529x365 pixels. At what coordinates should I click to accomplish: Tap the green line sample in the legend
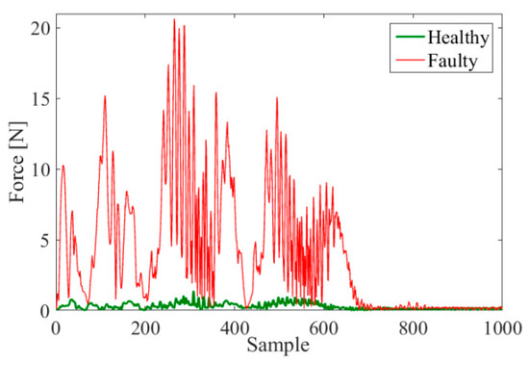click(411, 39)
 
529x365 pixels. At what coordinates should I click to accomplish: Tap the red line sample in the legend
click(411, 63)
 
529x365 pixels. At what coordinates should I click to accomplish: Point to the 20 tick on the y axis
click(38, 28)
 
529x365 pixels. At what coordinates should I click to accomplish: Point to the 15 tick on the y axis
click(38, 98)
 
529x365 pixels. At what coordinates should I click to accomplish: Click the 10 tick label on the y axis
click(38, 169)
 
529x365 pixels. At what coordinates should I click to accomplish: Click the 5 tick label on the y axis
click(41, 239)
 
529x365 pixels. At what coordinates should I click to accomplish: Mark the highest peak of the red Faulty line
click(174, 19)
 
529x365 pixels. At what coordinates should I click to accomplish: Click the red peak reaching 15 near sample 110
click(105, 96)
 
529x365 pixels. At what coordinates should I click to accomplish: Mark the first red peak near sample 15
click(63, 166)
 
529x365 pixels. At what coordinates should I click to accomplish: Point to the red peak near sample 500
click(277, 98)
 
